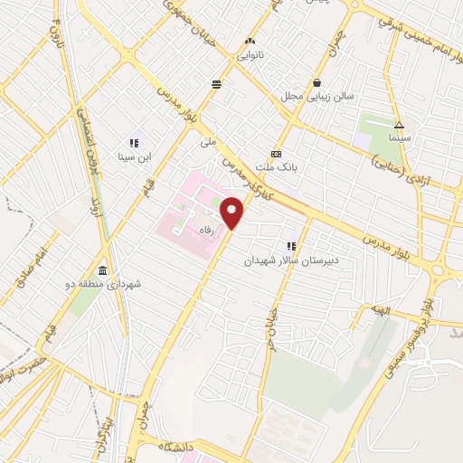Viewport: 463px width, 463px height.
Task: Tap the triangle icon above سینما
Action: pos(399,125)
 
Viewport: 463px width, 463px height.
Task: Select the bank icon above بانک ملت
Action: pos(276,154)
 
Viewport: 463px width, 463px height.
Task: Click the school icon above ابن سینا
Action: pos(135,142)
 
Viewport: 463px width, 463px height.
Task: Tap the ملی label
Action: pos(209,143)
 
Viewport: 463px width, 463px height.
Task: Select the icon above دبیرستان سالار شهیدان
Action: pos(291,246)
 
